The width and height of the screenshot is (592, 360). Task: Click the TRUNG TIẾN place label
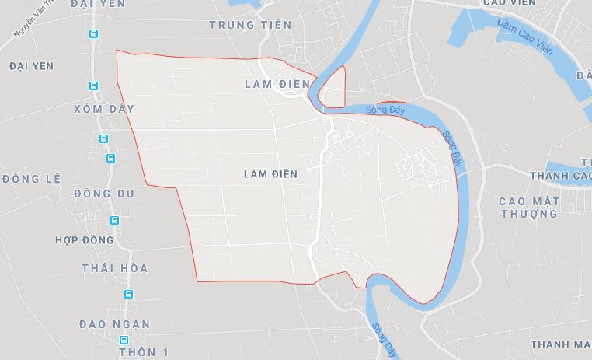point(251,25)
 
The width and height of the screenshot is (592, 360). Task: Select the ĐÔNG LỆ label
point(32,178)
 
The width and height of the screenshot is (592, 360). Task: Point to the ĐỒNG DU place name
point(104,193)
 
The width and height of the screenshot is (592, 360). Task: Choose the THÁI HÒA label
point(114,268)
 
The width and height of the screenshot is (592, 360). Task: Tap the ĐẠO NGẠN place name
point(114,323)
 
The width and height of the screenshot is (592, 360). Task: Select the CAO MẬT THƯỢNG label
point(529,207)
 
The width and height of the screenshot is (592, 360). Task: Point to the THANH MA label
point(560,344)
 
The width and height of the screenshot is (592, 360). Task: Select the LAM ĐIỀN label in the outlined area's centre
point(270,174)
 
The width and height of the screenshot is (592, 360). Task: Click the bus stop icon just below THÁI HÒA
point(128,295)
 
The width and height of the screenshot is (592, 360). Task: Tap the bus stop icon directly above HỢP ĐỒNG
point(115,221)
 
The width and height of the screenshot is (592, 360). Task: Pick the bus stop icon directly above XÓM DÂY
point(94,86)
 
